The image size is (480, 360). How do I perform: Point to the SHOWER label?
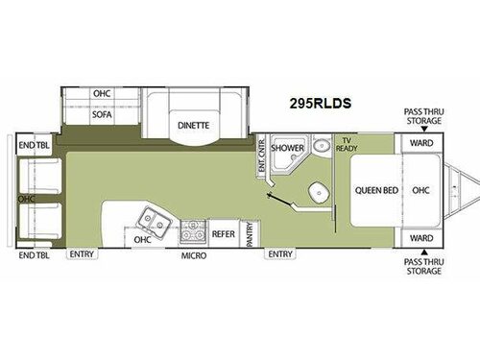point(286,150)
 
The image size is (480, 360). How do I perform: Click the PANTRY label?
point(250,232)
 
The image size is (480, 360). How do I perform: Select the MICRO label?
point(193,255)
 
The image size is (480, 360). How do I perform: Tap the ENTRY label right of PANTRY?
point(279,254)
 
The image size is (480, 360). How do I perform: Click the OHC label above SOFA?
point(103,94)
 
